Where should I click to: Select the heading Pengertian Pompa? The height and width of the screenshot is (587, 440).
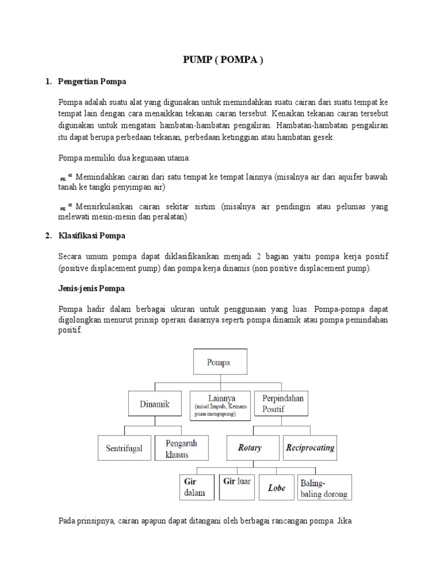click(x=92, y=82)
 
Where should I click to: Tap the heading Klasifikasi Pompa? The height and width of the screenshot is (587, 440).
click(x=92, y=236)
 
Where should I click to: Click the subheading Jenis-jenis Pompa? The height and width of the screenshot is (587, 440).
click(x=92, y=288)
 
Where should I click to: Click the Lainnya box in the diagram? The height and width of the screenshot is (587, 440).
click(x=220, y=404)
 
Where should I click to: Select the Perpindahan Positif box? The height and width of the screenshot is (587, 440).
click(x=283, y=403)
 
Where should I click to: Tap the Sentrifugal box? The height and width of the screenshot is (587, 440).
click(x=124, y=448)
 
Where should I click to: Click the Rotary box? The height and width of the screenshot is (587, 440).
click(x=250, y=448)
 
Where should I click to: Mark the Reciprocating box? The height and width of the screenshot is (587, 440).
click(x=310, y=448)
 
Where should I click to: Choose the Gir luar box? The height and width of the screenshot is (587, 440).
click(x=237, y=487)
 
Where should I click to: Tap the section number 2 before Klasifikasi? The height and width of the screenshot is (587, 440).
click(x=48, y=236)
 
